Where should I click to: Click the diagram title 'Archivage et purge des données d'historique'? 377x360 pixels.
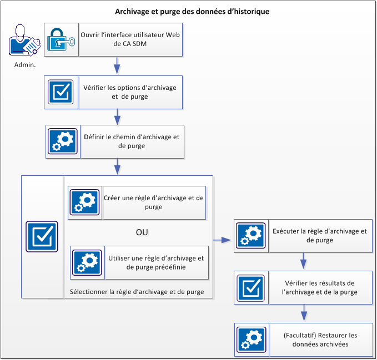[x=192, y=11]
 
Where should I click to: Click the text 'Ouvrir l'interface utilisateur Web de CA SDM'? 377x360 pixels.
[x=130, y=39]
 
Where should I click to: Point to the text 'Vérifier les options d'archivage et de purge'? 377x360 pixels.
[x=130, y=92]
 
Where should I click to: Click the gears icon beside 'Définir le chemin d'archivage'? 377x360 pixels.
[x=62, y=141]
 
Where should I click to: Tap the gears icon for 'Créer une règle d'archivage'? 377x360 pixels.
[x=84, y=202]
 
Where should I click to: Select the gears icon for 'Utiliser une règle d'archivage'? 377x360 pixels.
[x=86, y=262]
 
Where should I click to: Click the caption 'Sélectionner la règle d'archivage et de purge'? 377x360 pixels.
[x=137, y=291]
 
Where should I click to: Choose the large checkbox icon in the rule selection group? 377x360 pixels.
[x=42, y=237]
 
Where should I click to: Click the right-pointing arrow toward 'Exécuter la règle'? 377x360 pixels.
[x=223, y=240]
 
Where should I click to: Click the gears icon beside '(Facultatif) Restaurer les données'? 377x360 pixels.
[x=251, y=339]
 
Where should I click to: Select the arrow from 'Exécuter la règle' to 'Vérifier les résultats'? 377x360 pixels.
[x=304, y=261]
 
